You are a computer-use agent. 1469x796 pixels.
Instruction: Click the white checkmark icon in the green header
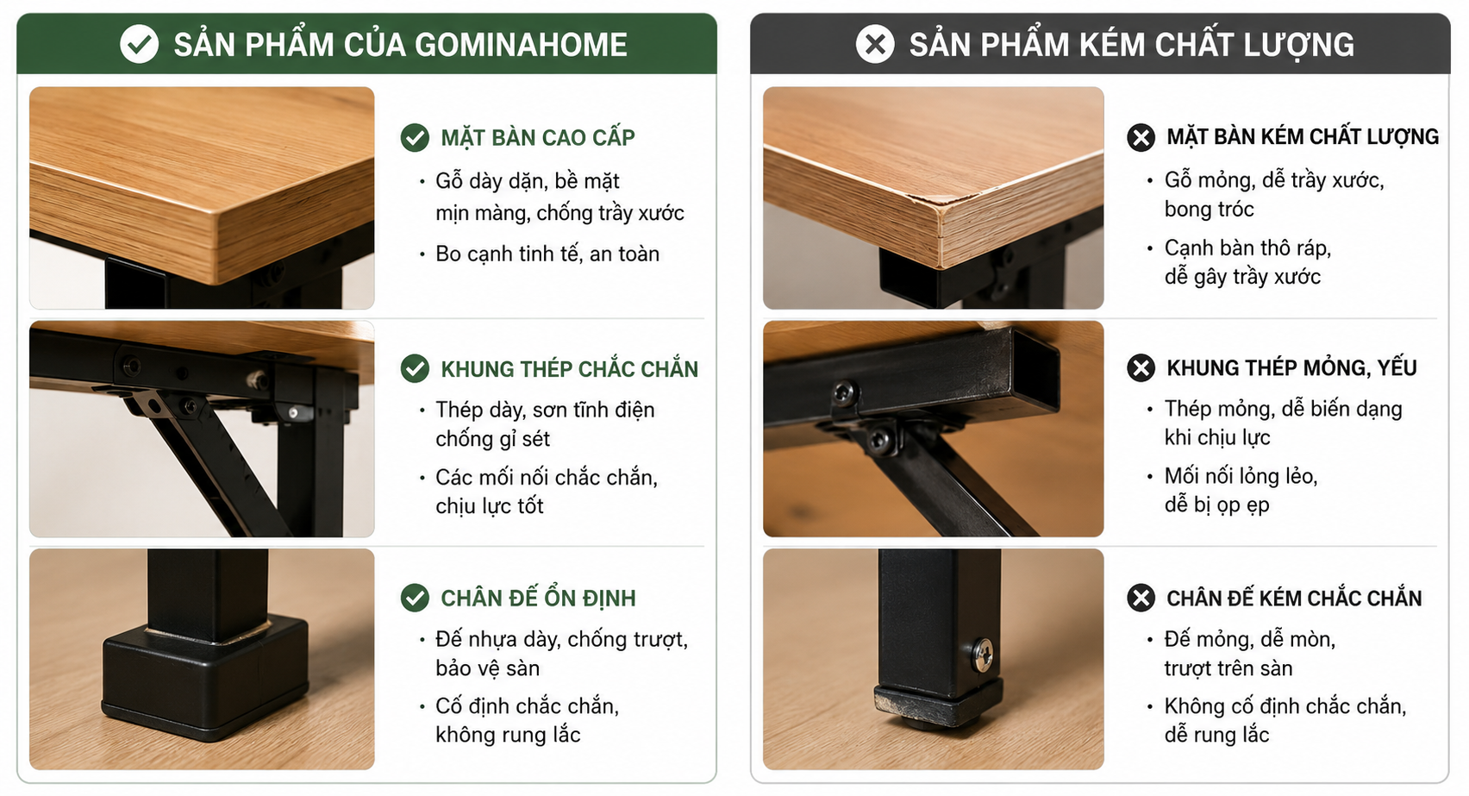(139, 44)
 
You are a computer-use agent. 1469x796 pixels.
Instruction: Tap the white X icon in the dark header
(875, 44)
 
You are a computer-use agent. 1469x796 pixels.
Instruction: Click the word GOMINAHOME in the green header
(522, 46)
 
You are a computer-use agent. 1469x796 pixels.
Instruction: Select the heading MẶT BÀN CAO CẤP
(538, 137)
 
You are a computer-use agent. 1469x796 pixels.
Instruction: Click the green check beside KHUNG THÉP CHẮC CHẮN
(416, 368)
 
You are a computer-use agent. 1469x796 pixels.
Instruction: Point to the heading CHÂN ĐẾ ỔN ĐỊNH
(539, 598)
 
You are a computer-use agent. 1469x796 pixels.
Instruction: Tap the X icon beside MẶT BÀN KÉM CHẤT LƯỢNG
(1141, 137)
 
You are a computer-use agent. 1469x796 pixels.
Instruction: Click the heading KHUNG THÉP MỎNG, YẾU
(1291, 367)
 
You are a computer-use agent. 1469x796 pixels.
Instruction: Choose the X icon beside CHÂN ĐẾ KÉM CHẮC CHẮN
(1141, 598)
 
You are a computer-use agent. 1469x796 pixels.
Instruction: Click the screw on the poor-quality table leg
(982, 655)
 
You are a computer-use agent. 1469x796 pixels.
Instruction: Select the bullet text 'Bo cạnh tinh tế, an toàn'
(547, 254)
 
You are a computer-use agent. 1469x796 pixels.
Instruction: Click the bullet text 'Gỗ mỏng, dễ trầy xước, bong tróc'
(1274, 194)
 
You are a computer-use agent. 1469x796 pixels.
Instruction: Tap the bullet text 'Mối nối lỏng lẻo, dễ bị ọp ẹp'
(1241, 490)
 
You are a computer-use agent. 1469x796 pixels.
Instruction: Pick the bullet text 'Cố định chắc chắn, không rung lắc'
(528, 720)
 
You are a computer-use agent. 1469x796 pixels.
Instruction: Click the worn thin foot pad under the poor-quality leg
(939, 705)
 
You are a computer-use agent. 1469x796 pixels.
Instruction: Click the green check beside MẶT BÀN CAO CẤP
(416, 138)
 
